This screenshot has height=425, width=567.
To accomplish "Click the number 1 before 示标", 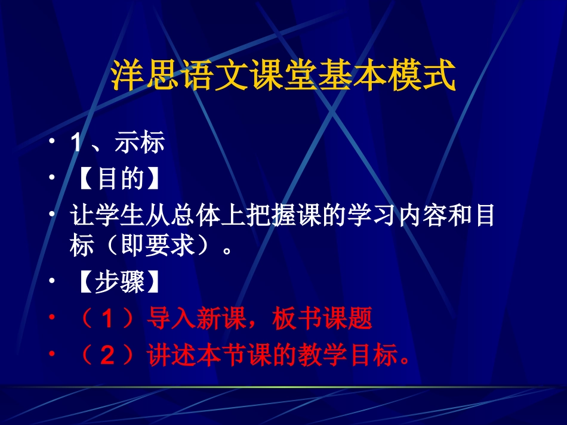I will click(76, 144).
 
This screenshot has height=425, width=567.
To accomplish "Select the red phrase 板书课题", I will click(322, 319).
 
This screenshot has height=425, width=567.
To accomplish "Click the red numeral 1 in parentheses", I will click(107, 320).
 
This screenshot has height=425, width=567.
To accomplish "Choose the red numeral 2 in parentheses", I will click(107, 356).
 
